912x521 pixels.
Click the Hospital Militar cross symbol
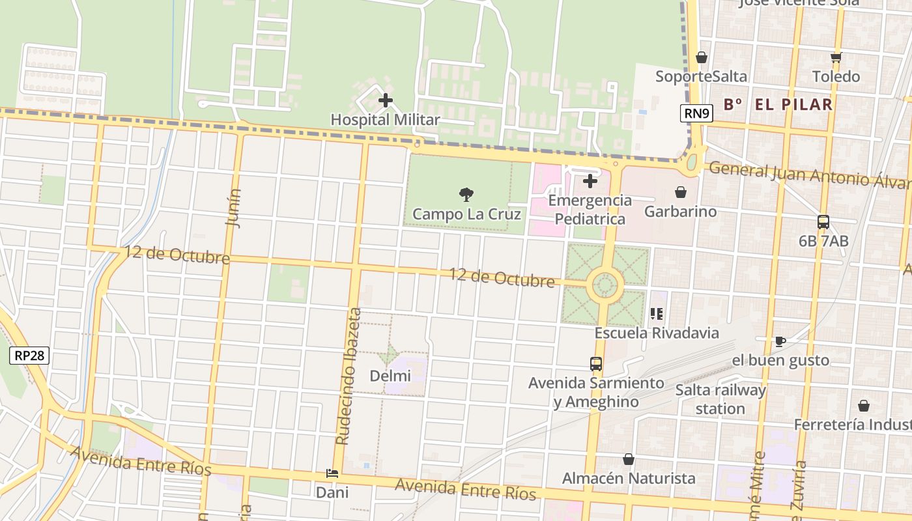click(x=386, y=100)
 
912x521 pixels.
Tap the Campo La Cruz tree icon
click(x=466, y=193)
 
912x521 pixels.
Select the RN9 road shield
click(x=697, y=113)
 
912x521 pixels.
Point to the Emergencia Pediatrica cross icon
click(x=590, y=181)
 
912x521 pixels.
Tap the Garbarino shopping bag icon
click(x=681, y=192)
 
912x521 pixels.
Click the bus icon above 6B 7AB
click(x=823, y=222)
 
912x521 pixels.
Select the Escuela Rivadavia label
click(x=657, y=333)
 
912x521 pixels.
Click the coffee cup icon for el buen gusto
click(x=780, y=341)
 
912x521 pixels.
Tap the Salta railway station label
click(x=720, y=399)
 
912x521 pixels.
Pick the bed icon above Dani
click(x=332, y=473)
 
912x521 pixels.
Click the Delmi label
click(x=390, y=376)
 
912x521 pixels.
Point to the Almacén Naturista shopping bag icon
click(x=629, y=459)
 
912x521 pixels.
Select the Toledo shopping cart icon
click(x=836, y=57)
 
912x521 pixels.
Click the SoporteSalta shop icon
click(x=702, y=57)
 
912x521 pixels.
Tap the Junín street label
click(x=233, y=207)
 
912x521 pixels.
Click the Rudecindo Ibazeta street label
click(x=348, y=376)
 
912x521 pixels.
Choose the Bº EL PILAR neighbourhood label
click(x=778, y=104)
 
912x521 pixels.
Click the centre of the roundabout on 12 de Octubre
click(x=605, y=285)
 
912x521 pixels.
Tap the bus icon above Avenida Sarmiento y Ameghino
click(x=596, y=364)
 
